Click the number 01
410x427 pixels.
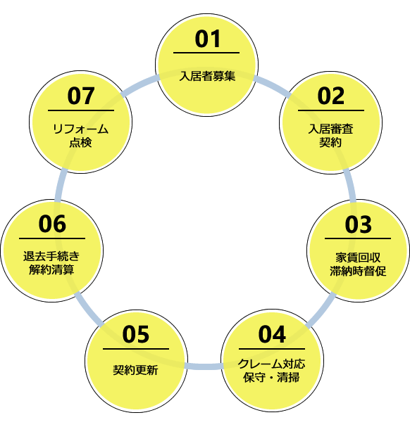(x=208, y=39)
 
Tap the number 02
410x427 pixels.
(x=330, y=96)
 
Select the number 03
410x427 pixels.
(x=358, y=224)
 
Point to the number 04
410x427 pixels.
(x=272, y=334)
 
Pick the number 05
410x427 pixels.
(x=136, y=334)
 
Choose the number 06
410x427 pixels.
(x=52, y=224)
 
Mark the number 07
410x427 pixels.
(x=81, y=96)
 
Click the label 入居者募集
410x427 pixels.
(x=207, y=76)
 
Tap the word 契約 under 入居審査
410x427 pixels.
(x=330, y=142)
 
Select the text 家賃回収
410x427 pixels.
(x=358, y=257)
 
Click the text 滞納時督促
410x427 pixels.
(x=358, y=271)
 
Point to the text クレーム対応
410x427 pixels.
(x=271, y=364)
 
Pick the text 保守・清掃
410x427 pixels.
(x=271, y=378)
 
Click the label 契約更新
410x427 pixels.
(x=135, y=370)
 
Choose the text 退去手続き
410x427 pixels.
(x=51, y=256)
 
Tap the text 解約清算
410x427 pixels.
(x=51, y=270)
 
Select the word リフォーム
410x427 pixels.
(x=81, y=129)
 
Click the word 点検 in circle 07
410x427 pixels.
(x=81, y=142)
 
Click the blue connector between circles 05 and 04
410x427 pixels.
(x=204, y=367)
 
